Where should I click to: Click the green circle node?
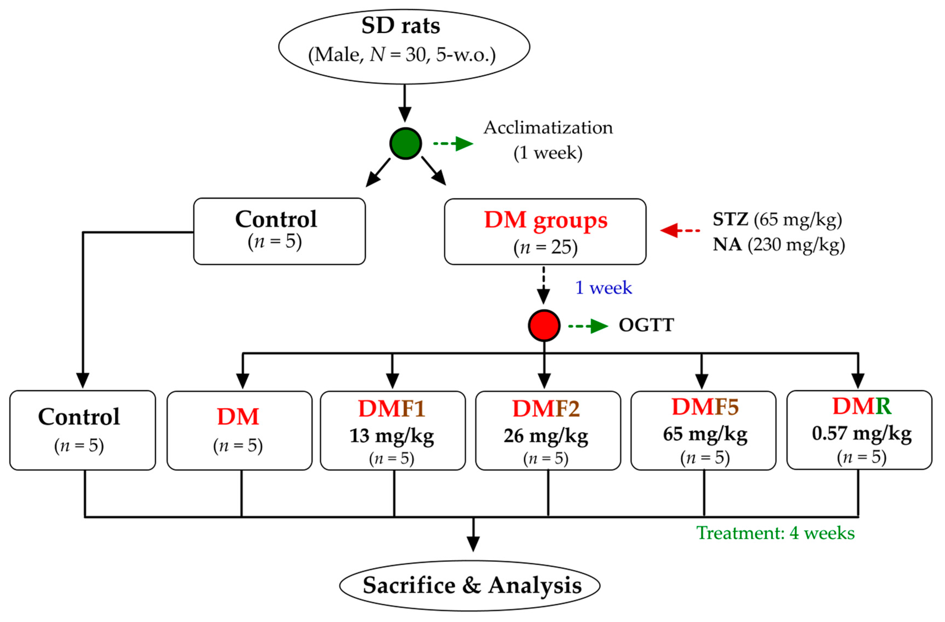click(405, 143)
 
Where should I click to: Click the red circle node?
click(544, 325)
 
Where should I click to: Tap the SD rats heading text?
click(401, 26)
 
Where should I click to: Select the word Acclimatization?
click(548, 128)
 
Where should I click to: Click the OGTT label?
click(646, 325)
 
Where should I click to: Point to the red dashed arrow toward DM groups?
click(680, 230)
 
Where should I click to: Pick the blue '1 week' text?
click(603, 288)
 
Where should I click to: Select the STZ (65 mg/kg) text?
click(777, 219)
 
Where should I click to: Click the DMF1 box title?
click(391, 408)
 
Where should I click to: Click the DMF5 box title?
click(705, 407)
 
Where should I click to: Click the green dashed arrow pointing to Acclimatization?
click(453, 143)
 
